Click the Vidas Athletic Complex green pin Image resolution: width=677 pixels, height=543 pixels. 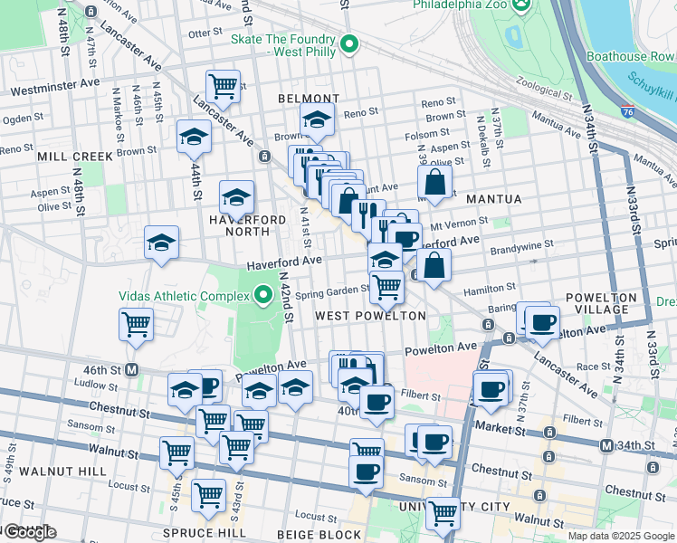tap(263, 295)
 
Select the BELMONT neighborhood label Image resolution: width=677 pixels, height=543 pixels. tap(309, 99)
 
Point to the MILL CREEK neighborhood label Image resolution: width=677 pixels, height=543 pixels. tap(76, 157)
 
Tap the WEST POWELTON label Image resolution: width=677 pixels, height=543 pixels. tap(370, 316)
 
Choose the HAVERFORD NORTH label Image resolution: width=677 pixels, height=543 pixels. tap(228, 232)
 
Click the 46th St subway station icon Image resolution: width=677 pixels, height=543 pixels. tap(131, 369)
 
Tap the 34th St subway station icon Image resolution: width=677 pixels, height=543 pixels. tap(606, 445)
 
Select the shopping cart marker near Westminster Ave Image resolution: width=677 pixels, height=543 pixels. tap(223, 87)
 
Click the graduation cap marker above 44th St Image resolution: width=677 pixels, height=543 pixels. tap(194, 138)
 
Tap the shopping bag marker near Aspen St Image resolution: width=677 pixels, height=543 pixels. tap(435, 181)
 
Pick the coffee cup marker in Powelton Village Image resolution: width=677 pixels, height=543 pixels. tap(542, 322)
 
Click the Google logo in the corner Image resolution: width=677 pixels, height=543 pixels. tap(29, 531)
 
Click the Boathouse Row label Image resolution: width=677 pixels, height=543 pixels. tap(630, 56)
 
